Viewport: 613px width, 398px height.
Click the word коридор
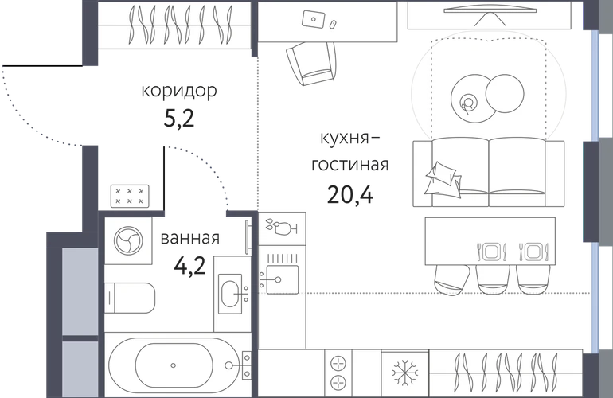tap(178, 91)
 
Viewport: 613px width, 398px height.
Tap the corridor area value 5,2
tap(178, 118)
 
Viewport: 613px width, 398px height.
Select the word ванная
tap(190, 238)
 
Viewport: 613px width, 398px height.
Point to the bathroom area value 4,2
tap(189, 266)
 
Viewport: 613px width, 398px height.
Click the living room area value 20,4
tap(350, 194)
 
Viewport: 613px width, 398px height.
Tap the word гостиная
tap(350, 165)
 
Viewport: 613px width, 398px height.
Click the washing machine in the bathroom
tap(128, 240)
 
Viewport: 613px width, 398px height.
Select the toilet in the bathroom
tap(130, 298)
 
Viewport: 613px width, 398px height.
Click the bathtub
tap(174, 365)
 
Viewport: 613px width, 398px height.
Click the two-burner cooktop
tap(338, 373)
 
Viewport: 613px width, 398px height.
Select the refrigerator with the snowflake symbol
tap(405, 373)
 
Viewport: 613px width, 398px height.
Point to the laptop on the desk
tap(313, 19)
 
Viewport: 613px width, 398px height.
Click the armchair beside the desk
tap(311, 64)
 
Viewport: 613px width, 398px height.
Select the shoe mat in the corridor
tap(131, 196)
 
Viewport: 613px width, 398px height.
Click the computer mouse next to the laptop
tap(334, 24)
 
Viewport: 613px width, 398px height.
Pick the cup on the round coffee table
tap(468, 103)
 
